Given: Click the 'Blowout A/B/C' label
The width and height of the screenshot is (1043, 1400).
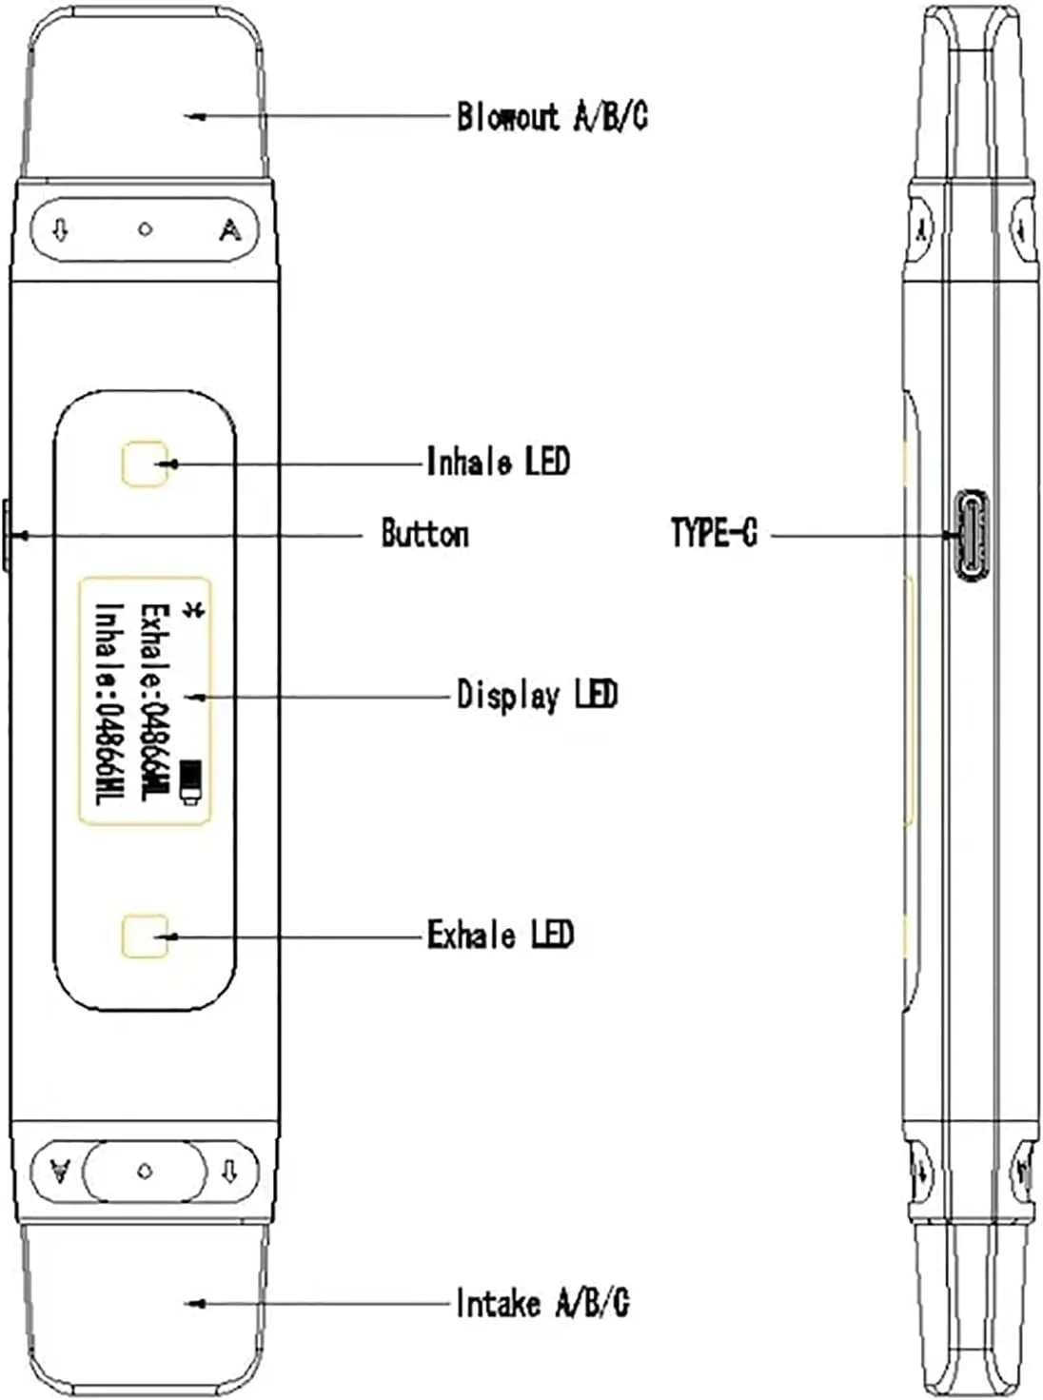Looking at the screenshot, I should pyautogui.click(x=552, y=117).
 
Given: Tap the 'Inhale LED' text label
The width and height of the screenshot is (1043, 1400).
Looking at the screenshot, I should pyautogui.click(x=498, y=462).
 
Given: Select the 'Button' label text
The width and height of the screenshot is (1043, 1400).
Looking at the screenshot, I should pyautogui.click(x=424, y=534).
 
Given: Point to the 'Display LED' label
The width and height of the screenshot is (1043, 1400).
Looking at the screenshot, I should pyautogui.click(x=537, y=695).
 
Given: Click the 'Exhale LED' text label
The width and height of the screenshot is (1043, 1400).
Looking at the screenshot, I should pyautogui.click(x=500, y=935).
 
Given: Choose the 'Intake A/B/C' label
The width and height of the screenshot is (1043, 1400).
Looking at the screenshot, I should pyautogui.click(x=541, y=1302).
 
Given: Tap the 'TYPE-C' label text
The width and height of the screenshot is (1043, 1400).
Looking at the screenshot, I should pyautogui.click(x=714, y=533).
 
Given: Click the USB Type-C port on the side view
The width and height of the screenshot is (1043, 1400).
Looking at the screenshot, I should pyautogui.click(x=972, y=535).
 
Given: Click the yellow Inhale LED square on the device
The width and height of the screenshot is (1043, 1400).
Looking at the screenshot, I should pyautogui.click(x=145, y=463).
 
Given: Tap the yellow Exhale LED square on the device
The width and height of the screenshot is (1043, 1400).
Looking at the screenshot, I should pyautogui.click(x=146, y=937).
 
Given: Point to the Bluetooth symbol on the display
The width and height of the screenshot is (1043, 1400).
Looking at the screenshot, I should pyautogui.click(x=194, y=611).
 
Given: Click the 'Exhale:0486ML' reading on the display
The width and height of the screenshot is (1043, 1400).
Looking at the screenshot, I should pyautogui.click(x=155, y=700).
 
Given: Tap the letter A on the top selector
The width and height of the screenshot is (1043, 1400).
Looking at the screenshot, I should pyautogui.click(x=229, y=229).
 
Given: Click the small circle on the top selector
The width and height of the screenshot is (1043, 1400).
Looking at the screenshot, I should pyautogui.click(x=145, y=229).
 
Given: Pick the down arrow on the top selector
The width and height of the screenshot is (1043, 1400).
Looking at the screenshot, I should pyautogui.click(x=61, y=229).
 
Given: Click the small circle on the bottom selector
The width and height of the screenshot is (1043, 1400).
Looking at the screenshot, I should pyautogui.click(x=145, y=1172).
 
